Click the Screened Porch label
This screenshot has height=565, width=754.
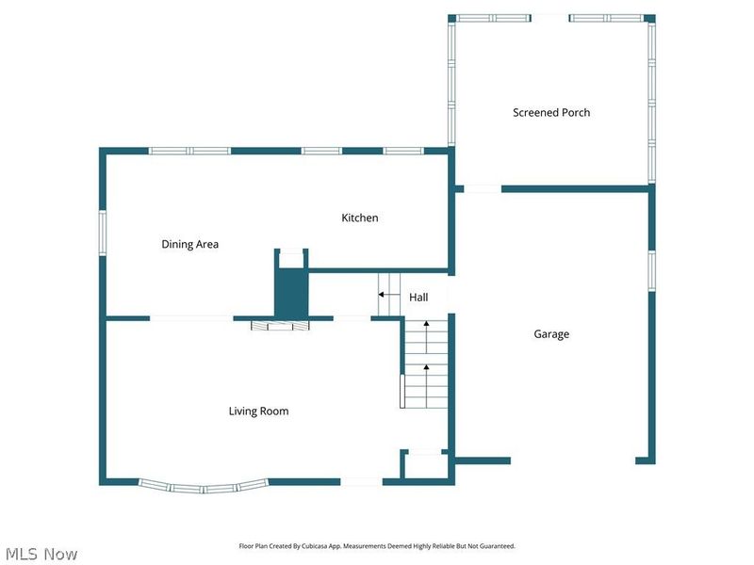pos(551,112)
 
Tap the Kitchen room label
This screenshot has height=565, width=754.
pos(359,218)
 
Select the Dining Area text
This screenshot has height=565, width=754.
pos(189,244)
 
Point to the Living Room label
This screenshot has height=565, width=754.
pos(258,411)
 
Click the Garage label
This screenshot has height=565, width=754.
pos(551,333)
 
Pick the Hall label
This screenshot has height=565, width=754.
pos(418,297)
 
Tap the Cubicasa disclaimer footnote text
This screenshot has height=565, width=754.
pos(377,546)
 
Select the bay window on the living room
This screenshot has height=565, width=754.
pos(204,487)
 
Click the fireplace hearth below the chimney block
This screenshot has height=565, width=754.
pos(280,326)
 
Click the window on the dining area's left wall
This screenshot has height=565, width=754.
pos(103,233)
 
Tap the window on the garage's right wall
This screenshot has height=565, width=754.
pos(650,269)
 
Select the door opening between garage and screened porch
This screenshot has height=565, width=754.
pos(483,189)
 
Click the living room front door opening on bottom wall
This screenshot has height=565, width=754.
pos(362,482)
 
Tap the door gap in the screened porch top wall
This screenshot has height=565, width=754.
pos(550,17)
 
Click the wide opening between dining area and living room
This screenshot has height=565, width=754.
pos(191,318)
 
